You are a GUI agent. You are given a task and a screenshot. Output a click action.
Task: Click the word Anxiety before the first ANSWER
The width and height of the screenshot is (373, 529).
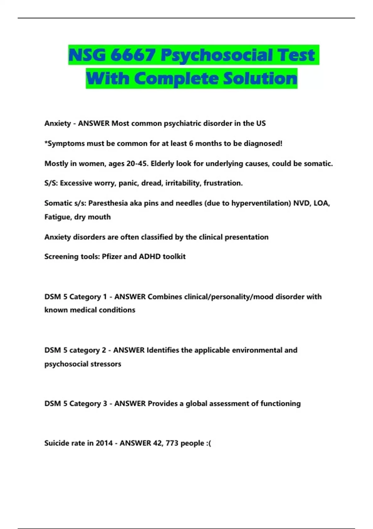coord(58,124)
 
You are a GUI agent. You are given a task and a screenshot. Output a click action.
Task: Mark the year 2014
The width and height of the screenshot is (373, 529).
coord(104,443)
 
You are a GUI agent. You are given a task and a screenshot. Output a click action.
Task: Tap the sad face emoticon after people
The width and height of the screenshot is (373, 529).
coord(208,443)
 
